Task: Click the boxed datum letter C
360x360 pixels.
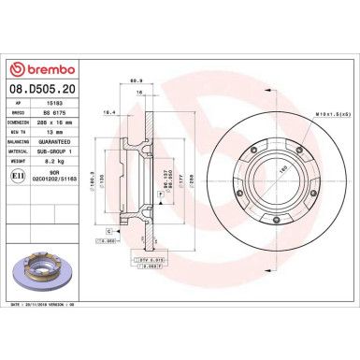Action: coord(110,229)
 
